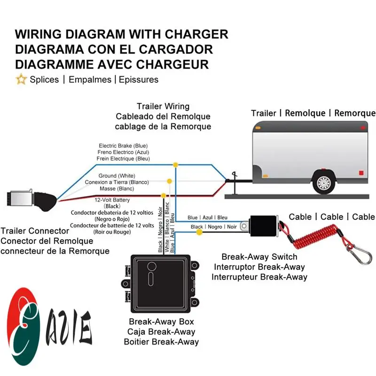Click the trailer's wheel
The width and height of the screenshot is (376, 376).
[323, 182]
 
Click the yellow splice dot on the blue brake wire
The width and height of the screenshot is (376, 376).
[175, 164]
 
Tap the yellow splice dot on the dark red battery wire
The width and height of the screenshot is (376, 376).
[163, 195]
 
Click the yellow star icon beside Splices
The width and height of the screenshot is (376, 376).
[21, 79]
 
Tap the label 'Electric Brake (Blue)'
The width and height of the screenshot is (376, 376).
[123, 146]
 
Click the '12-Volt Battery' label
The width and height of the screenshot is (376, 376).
[112, 200]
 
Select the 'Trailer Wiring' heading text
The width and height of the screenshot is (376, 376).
[163, 106]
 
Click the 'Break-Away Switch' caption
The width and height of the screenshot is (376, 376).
[259, 257]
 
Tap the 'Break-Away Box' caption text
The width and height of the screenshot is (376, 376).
[161, 322]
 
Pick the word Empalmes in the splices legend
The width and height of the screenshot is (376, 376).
[90, 79]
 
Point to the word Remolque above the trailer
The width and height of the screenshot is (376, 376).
[305, 113]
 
